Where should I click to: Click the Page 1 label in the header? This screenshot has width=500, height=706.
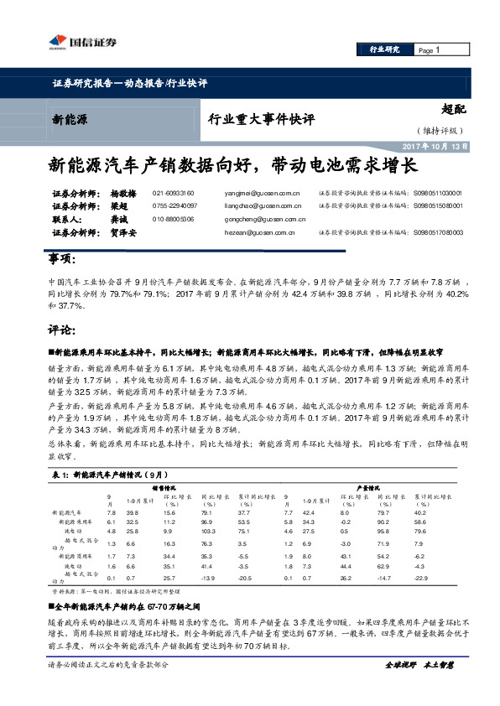click(429, 50)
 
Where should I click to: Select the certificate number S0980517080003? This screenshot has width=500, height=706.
click(438, 232)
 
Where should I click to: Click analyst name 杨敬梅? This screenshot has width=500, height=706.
click(124, 193)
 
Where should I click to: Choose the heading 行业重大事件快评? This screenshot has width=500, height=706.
click(261, 119)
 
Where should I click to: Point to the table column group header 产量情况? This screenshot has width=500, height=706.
click(370, 486)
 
